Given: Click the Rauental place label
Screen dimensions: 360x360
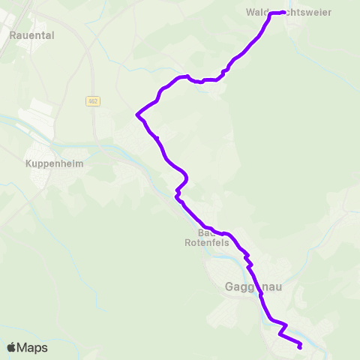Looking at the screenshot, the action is pyautogui.click(x=32, y=34).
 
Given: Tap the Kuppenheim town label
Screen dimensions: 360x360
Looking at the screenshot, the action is pyautogui.click(x=54, y=163).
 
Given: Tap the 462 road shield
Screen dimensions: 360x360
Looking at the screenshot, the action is pyautogui.click(x=92, y=101).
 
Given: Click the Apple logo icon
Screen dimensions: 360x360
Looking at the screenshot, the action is pyautogui.click(x=12, y=347).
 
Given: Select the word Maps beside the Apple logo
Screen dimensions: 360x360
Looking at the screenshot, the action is pyautogui.click(x=32, y=347).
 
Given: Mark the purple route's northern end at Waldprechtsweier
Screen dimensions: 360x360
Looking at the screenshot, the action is pyautogui.click(x=284, y=12).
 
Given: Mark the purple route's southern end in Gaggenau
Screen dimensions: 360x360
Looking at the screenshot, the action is pyautogui.click(x=300, y=347).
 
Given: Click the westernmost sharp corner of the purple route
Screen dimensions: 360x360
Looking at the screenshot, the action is pyautogui.click(x=136, y=115).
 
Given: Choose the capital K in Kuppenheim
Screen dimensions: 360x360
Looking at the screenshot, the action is pyautogui.click(x=28, y=163).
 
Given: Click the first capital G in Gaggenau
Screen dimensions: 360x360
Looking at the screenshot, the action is pyautogui.click(x=229, y=286).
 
